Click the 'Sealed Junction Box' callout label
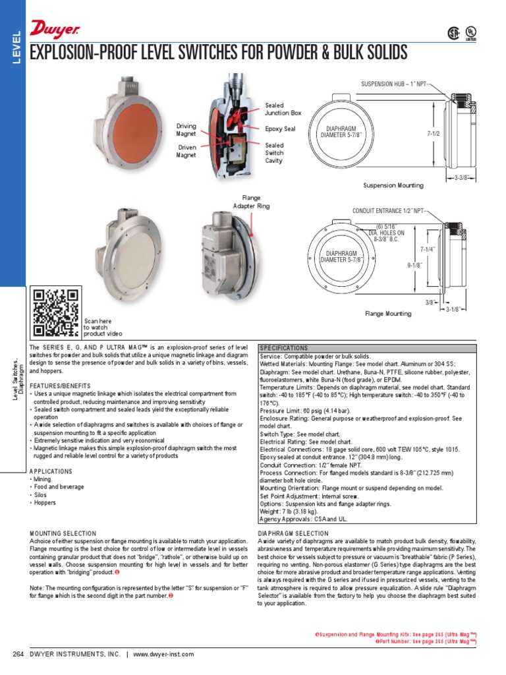pos(283,109)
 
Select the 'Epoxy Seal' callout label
pos(280,129)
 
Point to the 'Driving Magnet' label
pos(186,129)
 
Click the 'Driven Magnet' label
pos(186,152)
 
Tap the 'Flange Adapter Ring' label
pos(247,202)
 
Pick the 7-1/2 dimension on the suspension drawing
pos(433,133)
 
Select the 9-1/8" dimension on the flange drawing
pos(414,265)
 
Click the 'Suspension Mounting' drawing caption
pos(393,186)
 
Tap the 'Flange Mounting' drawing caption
pos(388,314)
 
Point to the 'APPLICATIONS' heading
pos(51,471)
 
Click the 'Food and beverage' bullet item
pos(59,487)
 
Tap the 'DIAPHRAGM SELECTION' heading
pos(293,533)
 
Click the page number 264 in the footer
pos(18,654)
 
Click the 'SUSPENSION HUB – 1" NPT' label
pos(393,84)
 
